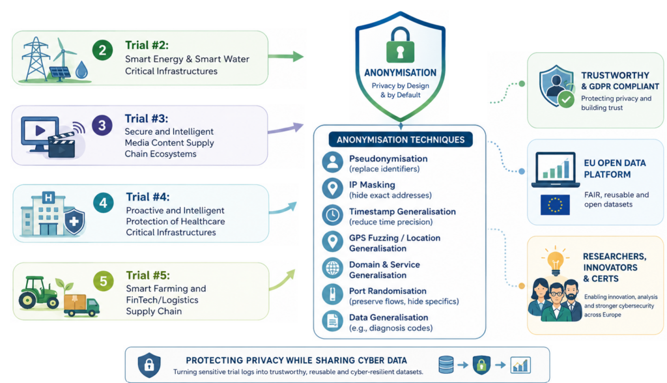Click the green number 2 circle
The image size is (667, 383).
coord(102,50)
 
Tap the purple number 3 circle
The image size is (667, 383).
coord(102,126)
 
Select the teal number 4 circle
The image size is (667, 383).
coord(104,203)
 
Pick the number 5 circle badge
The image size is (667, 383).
coord(104,281)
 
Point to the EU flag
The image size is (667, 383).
coord(555,205)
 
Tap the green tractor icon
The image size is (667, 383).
coord(39,292)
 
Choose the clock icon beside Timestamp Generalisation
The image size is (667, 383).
coord(333,216)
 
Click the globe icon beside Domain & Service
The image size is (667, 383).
coord(333,268)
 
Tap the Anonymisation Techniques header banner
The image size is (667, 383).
coord(401,139)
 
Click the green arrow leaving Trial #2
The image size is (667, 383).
coord(286,56)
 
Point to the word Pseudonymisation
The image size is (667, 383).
coord(388,159)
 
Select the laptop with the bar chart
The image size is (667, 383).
coord(556,169)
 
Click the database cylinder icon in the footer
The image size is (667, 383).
coord(446,365)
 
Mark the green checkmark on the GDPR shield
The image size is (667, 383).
coord(566,100)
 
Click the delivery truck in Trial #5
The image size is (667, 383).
coord(81,305)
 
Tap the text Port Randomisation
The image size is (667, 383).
coord(388,291)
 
